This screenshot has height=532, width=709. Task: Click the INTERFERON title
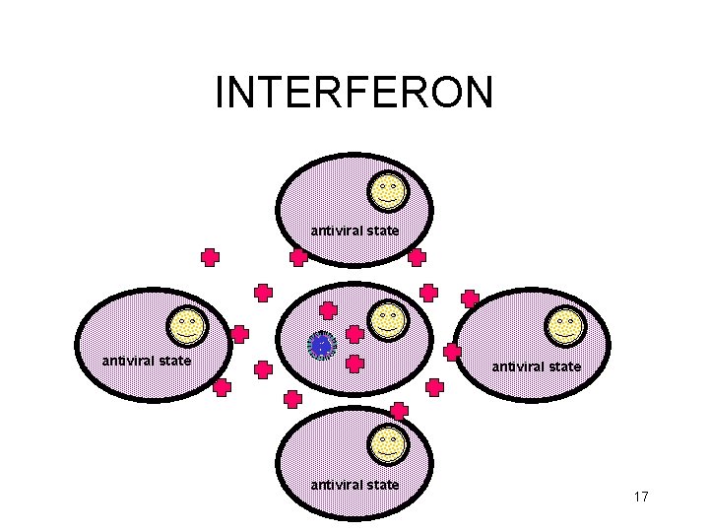point(354,93)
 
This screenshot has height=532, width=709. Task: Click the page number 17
point(640,497)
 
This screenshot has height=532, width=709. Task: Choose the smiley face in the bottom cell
point(388,444)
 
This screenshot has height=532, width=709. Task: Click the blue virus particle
point(321,345)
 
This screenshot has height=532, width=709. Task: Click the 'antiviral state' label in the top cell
point(354,231)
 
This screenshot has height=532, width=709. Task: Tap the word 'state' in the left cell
point(172,361)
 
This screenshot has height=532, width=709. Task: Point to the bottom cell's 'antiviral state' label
point(354,484)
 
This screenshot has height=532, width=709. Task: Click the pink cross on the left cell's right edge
point(239,334)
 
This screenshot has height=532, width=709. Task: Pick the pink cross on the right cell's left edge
point(452,351)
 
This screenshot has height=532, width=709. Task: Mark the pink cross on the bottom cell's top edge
point(399,410)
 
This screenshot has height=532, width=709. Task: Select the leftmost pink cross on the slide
point(210,258)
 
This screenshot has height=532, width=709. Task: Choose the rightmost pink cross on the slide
point(471,298)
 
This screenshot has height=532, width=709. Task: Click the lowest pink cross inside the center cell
point(355,364)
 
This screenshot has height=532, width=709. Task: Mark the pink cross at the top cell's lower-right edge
point(417,258)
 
